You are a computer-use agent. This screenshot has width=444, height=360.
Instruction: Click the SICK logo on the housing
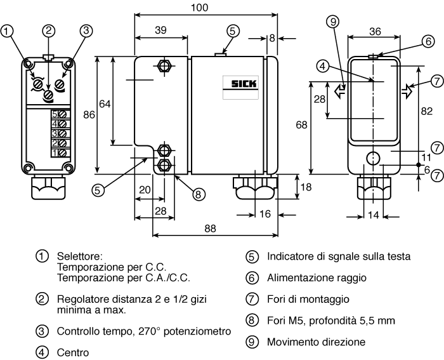pos(244,84)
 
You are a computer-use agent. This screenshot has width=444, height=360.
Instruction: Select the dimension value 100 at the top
pos(199,8)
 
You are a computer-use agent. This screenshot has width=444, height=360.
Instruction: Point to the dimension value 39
pos(160,30)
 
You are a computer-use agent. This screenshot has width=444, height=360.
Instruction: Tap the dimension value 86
pos(89,115)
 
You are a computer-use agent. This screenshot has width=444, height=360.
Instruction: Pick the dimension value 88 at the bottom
pos(210,228)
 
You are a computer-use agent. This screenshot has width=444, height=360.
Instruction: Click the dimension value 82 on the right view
pos(426,111)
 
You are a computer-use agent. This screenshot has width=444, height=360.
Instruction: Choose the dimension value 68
pos(301,124)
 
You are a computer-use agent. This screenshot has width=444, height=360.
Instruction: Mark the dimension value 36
pos(375,32)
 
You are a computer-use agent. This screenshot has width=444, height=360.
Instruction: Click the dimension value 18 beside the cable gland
pos(306,187)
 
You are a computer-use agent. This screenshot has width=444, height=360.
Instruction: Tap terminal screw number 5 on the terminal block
pos(62,114)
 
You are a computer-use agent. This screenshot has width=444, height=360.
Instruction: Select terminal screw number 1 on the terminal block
pos(62,153)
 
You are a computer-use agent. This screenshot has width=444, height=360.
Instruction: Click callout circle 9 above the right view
pos(333,22)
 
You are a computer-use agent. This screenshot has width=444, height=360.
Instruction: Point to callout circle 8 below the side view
pos(198,194)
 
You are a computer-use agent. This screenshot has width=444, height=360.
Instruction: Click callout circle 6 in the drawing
pos(428,41)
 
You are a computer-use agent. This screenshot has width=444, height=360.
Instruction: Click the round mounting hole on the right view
pos(373,158)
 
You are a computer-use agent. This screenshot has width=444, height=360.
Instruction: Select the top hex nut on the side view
pos(164,66)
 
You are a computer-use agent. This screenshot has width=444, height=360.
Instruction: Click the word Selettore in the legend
pos(79,257)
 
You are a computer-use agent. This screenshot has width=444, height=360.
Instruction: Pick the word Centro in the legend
pos(73,352)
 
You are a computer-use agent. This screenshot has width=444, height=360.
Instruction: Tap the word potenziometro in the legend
pos(197,331)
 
